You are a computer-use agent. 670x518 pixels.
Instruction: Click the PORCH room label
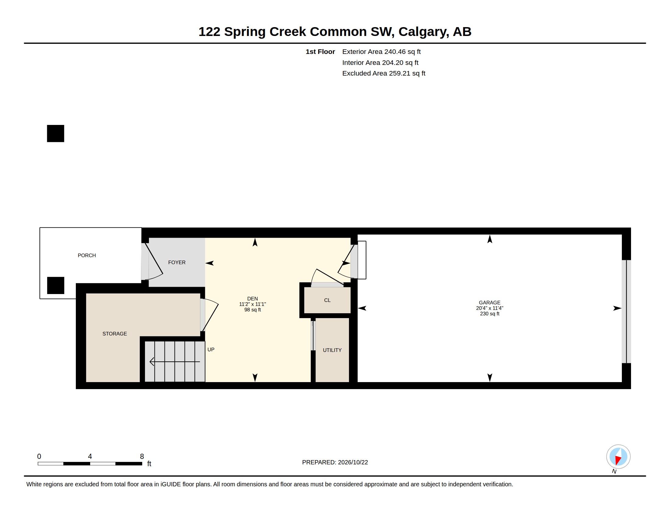[x=87, y=255]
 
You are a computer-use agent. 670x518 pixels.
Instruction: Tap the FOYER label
[x=177, y=262]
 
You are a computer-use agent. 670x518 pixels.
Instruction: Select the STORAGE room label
[x=115, y=334]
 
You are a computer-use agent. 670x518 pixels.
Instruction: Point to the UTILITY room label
[x=332, y=350]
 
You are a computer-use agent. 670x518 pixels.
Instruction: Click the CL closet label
[x=327, y=300]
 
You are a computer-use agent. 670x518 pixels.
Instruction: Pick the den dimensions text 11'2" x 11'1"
[x=252, y=304]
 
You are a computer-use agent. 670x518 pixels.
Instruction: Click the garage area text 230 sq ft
[x=490, y=314]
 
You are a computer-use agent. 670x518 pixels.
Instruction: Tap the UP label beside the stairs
[x=211, y=349]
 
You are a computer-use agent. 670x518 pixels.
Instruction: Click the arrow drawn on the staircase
[x=175, y=362]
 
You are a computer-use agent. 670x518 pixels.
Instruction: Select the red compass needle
[x=618, y=460]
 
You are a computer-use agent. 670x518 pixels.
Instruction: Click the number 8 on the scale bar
[x=142, y=456]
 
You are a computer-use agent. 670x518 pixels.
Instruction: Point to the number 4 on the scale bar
[x=90, y=456]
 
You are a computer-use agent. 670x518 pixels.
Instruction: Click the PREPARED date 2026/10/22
[x=353, y=462]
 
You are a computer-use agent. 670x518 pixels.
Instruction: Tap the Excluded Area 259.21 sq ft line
[x=384, y=73]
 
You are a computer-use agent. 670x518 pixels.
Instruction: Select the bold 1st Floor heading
[x=320, y=51]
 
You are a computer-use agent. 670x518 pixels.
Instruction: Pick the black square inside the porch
[x=55, y=286]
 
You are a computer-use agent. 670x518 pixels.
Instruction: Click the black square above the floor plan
[x=55, y=133]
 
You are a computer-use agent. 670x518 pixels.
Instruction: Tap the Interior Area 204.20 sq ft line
[x=380, y=62]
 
